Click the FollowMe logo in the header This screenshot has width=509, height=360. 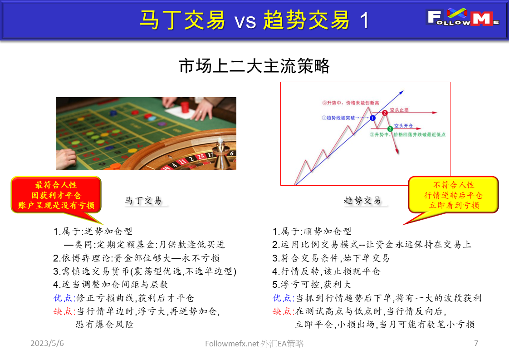coord(463,19)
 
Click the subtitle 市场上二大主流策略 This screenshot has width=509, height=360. coord(254,67)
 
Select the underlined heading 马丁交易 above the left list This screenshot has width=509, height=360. coord(143,200)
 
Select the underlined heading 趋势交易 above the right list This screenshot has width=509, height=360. coord(362,200)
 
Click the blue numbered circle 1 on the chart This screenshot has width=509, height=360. coord(372,118)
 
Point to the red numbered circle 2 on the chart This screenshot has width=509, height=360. coord(385,113)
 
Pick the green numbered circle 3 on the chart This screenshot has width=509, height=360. coord(390,129)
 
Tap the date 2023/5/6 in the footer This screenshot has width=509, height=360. coord(47,344)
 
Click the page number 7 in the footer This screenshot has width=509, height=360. coord(476,343)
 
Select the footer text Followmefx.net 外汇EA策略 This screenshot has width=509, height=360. coord(254,344)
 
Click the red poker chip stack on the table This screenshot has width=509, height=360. coord(184,107)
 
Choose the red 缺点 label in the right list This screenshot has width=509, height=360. coord(283,311)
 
